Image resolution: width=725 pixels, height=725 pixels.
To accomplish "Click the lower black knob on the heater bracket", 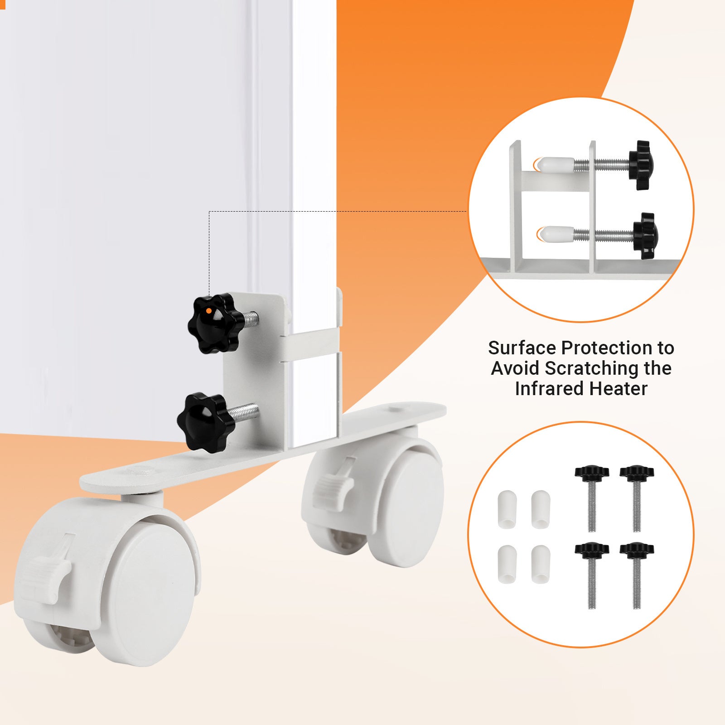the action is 206,422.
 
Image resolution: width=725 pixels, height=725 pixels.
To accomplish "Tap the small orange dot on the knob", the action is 208,310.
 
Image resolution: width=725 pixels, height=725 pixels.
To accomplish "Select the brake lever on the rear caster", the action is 334,485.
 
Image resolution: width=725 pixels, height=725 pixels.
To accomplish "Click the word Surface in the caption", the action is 522,348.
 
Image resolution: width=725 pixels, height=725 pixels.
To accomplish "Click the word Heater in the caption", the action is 619,388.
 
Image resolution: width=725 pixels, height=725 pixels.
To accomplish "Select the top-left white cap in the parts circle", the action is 507,509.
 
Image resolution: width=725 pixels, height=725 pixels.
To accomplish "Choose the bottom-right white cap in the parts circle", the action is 541,564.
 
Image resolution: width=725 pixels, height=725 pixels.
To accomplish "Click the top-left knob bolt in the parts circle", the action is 591,498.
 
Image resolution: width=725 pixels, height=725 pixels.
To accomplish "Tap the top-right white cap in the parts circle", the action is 541,509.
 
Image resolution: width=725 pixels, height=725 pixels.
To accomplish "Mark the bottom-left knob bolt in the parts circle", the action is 591,575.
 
